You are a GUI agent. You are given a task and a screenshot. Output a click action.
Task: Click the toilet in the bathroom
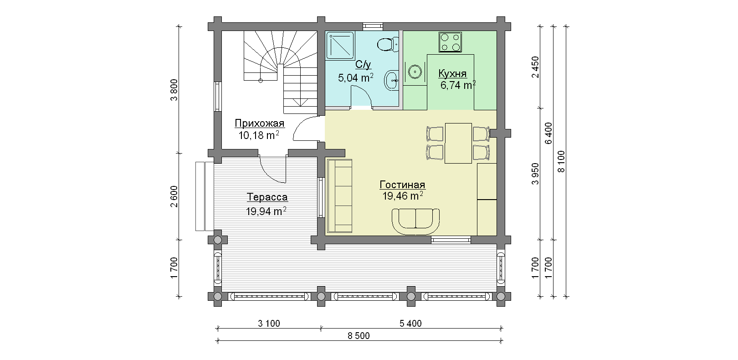pyautogui.click(x=388, y=45)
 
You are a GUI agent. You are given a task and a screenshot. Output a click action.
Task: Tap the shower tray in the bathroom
pyautogui.click(x=340, y=46)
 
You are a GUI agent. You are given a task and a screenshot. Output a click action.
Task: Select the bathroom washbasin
pyautogui.click(x=391, y=80)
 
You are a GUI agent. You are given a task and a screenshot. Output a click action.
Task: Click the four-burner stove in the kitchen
pyautogui.click(x=450, y=42)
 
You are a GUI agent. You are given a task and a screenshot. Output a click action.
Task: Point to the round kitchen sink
pyautogui.click(x=415, y=71)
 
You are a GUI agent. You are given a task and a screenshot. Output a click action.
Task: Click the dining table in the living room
pyautogui.click(x=458, y=143)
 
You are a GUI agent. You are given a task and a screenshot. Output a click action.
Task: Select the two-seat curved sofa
pyautogui.click(x=415, y=221)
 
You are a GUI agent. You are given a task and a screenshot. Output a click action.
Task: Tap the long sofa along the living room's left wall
pyautogui.click(x=339, y=196)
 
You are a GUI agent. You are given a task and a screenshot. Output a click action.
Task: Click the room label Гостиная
pyautogui.click(x=402, y=185)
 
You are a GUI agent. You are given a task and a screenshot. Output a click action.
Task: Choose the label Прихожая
pyautogui.click(x=259, y=123)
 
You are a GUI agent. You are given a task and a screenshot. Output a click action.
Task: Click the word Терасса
pyautogui.click(x=267, y=197)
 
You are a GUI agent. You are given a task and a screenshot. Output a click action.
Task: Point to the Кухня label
pyautogui.click(x=452, y=73)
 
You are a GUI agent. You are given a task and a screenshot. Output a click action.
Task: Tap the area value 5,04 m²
pyautogui.click(x=355, y=78)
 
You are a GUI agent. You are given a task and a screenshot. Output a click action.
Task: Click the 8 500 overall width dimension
pyautogui.click(x=359, y=335)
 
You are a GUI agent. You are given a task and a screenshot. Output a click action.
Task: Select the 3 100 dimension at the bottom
pyautogui.click(x=269, y=324)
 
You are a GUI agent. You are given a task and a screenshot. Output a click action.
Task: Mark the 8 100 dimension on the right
pyautogui.click(x=561, y=161)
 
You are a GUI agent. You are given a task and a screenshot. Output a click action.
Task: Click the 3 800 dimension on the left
pyautogui.click(x=174, y=90)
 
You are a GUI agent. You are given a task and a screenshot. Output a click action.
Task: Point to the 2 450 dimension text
pyautogui.click(x=535, y=67)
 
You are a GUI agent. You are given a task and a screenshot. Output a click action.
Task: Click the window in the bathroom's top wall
pyautogui.click(x=373, y=26)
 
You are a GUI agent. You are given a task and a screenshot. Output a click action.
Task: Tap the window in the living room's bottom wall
pyautogui.click(x=451, y=240)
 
